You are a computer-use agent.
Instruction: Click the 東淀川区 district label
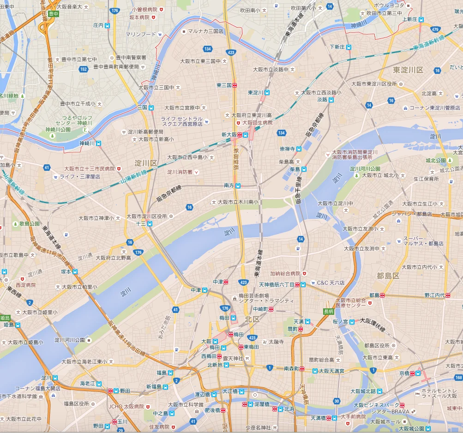point(408,70)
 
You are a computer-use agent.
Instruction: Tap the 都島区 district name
point(388,276)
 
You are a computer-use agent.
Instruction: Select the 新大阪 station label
point(229,135)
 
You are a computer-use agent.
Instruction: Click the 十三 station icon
point(150,224)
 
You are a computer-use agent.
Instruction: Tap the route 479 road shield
point(435,30)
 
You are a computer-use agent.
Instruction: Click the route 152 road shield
point(83,69)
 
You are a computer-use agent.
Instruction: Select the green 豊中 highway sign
point(54,14)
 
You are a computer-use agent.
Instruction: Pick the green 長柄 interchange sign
point(328,311)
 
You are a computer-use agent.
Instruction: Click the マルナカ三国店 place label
point(205,31)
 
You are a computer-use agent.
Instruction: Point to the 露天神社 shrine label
point(233,358)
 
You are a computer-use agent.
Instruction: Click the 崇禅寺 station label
point(287,149)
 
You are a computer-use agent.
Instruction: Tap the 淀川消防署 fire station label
point(180,172)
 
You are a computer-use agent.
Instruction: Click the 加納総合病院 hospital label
point(285,273)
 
